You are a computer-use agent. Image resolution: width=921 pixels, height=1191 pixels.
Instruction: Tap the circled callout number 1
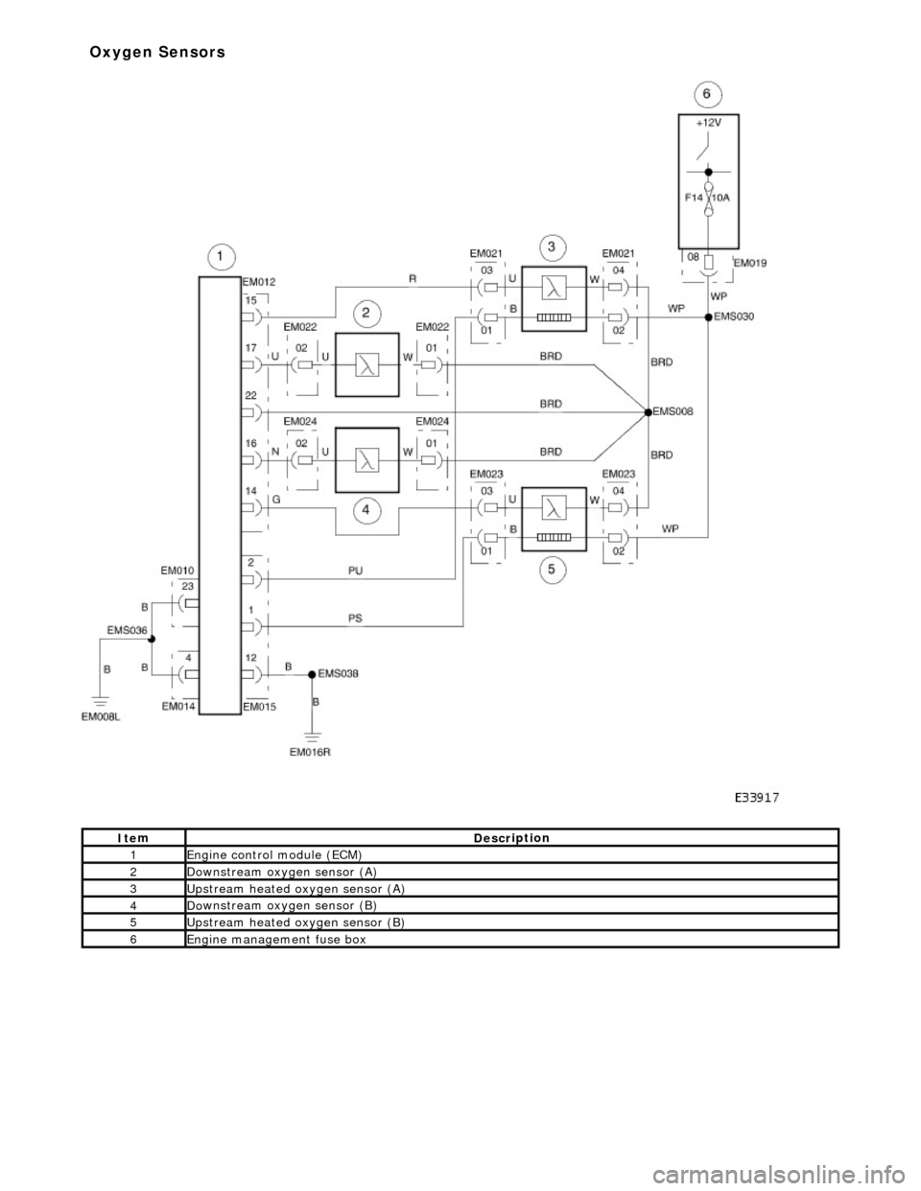220,256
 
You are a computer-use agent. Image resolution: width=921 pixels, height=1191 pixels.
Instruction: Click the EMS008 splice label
673,410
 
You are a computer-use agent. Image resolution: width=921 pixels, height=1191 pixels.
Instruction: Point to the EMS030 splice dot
709,315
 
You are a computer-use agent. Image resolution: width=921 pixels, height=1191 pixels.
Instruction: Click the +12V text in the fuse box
707,123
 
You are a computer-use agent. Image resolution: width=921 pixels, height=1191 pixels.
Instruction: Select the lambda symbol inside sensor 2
366,365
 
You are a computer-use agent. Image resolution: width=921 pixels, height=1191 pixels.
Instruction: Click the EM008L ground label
100,712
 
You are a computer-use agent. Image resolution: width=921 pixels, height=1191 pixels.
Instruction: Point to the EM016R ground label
311,753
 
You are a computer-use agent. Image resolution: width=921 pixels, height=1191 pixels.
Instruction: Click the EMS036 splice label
127,630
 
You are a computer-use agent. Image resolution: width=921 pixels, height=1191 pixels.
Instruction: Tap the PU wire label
355,570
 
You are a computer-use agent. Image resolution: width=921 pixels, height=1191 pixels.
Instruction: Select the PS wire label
355,619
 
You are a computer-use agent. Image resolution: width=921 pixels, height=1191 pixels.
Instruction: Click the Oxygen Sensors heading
157,52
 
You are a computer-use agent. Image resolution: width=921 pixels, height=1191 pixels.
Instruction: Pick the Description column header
511,838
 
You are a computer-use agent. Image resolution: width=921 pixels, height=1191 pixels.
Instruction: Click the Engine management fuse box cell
276,940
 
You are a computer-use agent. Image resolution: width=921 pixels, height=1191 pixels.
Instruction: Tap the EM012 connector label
258,282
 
